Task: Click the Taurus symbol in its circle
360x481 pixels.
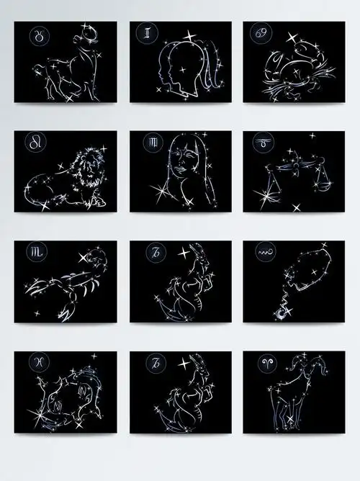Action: tap(35, 34)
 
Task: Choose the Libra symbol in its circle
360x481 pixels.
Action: tap(262, 143)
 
